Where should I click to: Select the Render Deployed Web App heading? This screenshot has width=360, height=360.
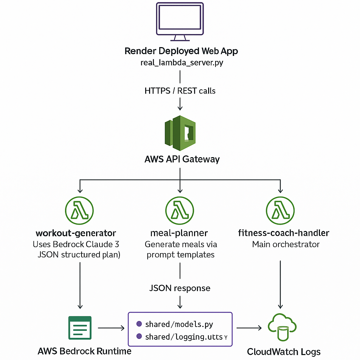181,51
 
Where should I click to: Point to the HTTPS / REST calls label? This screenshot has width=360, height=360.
180,91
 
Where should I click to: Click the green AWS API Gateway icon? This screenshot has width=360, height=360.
180,133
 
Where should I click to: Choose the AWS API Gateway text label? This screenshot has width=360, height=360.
182,159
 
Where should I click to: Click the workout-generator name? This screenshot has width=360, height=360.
76,233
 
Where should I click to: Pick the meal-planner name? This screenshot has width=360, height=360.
179,233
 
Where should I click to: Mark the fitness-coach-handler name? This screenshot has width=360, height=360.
283,233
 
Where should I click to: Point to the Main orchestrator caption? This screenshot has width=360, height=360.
285,244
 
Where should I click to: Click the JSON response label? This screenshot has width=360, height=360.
180,288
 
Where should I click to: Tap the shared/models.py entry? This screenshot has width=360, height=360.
179,324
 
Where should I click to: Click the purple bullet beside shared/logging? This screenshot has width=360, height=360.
139,337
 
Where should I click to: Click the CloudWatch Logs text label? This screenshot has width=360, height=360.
284,352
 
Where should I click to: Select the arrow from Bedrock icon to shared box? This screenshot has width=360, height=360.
111,328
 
